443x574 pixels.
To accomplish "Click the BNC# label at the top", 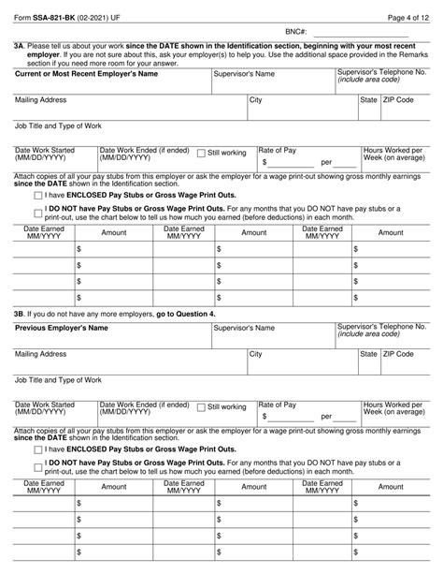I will [x=297, y=31].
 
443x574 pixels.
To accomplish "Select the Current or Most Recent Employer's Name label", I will [x=85, y=73].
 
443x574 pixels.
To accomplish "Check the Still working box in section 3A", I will [x=202, y=152].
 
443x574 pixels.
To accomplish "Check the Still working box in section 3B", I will [x=202, y=406].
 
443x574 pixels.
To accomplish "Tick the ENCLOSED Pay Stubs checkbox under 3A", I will [x=24, y=196].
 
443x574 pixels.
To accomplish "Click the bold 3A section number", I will [x=19, y=45].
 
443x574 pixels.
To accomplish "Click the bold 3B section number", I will [x=19, y=313].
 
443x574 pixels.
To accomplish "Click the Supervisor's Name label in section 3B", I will [x=244, y=329].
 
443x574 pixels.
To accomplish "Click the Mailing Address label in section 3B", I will [x=41, y=355].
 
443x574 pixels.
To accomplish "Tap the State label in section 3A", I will [x=369, y=99].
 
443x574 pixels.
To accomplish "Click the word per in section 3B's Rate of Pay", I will [x=326, y=416].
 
